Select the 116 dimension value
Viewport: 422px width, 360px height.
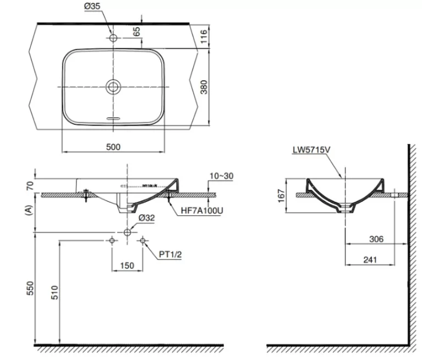click(204, 37)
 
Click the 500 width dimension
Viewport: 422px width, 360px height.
click(113, 147)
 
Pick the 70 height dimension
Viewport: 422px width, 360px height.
click(29, 185)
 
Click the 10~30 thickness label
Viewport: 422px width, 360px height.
click(222, 176)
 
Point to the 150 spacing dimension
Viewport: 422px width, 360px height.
click(127, 266)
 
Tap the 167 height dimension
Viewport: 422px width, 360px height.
click(281, 195)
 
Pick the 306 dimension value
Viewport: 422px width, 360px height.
click(376, 239)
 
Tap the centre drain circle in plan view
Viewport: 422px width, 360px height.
click(114, 86)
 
